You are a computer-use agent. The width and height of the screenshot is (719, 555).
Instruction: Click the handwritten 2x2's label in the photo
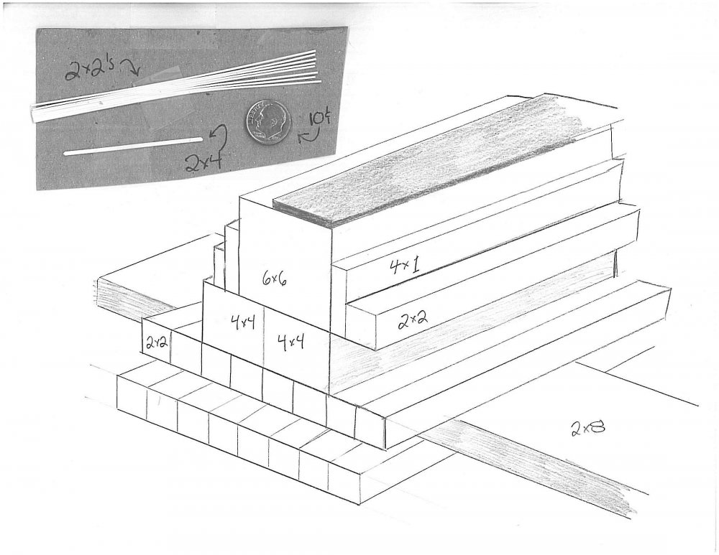92,69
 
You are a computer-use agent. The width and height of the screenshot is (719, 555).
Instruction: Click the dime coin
267,121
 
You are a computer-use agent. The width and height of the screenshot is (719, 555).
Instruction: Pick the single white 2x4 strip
134,146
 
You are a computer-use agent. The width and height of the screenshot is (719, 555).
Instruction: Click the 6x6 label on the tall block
275,277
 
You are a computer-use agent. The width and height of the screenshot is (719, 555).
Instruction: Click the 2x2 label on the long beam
413,320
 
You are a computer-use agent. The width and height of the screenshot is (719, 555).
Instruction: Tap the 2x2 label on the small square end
156,342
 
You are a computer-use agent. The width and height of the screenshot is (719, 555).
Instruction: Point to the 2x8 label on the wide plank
588,428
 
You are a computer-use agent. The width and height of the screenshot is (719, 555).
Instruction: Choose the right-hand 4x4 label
290,342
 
